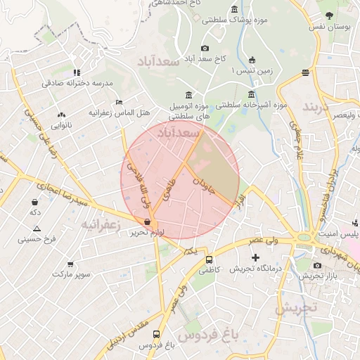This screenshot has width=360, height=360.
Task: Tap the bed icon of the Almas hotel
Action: point(118,102)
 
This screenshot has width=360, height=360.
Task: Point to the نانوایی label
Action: point(60,124)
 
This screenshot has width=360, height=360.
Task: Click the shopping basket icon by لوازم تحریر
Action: point(146,221)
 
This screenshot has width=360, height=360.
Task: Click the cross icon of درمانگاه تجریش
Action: point(255,259)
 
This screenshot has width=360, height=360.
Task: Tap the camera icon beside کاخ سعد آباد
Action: point(205,48)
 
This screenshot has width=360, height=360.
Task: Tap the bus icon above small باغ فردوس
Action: point(155,334)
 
